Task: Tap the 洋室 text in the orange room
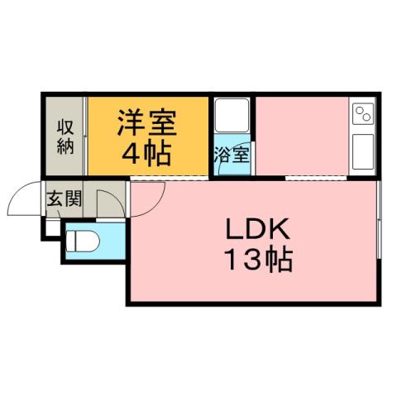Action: pyautogui.click(x=146, y=123)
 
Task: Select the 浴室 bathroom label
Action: pyautogui.click(x=233, y=155)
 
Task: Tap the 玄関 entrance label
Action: pyautogui.click(x=63, y=198)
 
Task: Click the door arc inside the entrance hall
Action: pyautogui.click(x=108, y=202)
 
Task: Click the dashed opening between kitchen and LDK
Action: pyautogui.click(x=314, y=178)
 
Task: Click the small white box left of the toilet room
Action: pyautogui.click(x=52, y=227)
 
